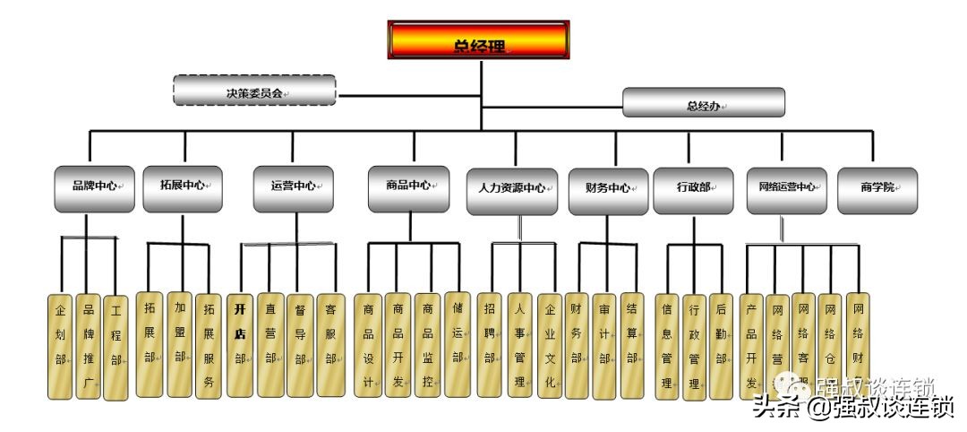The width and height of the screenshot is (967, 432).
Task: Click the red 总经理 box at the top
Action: point(479,40)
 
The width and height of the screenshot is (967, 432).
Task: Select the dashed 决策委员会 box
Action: point(254,91)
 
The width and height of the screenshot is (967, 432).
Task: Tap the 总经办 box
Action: point(704,103)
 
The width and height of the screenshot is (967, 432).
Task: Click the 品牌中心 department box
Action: point(94,188)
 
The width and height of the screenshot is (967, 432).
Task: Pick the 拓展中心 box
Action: point(182,188)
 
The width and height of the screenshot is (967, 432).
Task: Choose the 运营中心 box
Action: point(293,188)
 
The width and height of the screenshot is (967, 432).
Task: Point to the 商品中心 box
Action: point(408,187)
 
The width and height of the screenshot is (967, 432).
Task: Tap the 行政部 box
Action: point(693,190)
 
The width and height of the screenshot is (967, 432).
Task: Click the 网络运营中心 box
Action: point(786,189)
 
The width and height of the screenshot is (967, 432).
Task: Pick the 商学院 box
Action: point(877,190)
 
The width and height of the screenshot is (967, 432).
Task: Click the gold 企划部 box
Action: point(60,346)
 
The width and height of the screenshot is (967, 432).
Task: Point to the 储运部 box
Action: point(457,344)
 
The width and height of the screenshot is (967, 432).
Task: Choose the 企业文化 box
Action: point(550,345)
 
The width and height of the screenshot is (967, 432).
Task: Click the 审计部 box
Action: point(604,345)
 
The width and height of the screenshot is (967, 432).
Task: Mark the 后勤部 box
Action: point(720,346)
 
